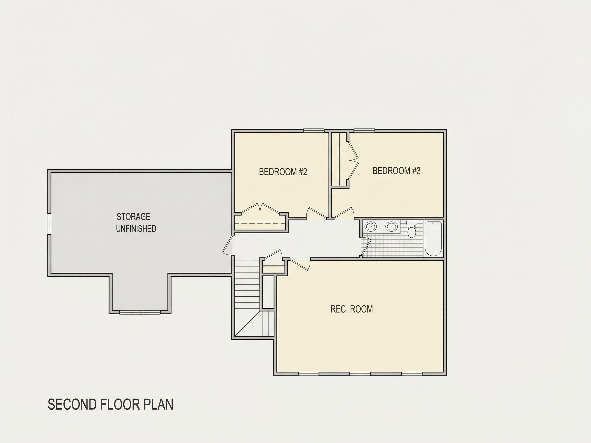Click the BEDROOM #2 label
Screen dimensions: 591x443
click(283, 172)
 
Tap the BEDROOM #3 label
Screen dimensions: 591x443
click(397, 171)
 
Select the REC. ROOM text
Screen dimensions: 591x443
click(352, 309)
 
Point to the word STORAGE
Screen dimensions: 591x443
click(133, 217)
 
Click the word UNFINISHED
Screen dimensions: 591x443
click(136, 229)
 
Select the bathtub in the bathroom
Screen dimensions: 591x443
click(433, 238)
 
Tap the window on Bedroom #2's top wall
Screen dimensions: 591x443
click(314, 131)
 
